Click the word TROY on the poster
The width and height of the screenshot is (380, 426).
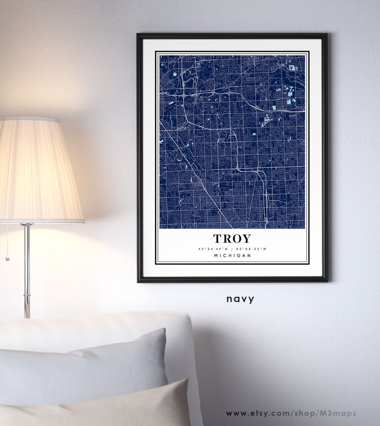coord(232,238)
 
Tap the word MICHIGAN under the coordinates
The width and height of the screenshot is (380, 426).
coord(232,256)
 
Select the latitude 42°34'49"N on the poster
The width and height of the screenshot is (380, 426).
coord(213,249)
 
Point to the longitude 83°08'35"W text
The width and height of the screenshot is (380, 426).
coord(252,249)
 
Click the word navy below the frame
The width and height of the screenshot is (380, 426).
coord(241,299)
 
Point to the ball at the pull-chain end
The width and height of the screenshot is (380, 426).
coord(7,259)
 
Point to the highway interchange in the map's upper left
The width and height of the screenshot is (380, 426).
coord(185,95)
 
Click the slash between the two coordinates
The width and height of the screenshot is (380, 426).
coord(233,249)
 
